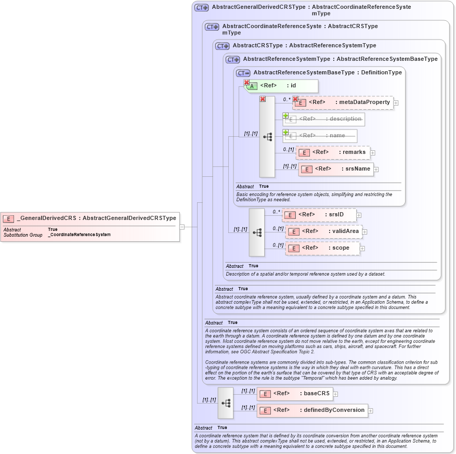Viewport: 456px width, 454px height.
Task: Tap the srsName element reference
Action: (x=336, y=169)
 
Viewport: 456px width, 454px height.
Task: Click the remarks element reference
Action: (x=333, y=152)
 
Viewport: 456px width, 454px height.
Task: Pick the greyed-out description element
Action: (x=323, y=119)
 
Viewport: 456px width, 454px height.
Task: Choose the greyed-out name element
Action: (x=320, y=136)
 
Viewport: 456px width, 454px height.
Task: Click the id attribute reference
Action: (x=281, y=86)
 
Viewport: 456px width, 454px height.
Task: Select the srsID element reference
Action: (x=319, y=215)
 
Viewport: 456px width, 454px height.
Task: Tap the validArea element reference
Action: (x=323, y=231)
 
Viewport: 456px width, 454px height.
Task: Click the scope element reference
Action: (x=322, y=248)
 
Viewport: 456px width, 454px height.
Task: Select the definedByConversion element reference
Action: (x=312, y=410)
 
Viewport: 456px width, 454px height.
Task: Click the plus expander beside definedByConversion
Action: (x=371, y=411)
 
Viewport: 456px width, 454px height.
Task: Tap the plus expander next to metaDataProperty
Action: (x=396, y=103)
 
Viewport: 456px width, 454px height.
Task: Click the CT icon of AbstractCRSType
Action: (x=223, y=46)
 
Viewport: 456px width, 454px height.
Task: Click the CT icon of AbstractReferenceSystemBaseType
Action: (x=243, y=73)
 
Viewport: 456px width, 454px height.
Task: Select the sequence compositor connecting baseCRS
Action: (x=226, y=403)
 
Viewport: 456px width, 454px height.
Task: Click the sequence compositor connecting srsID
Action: (x=257, y=232)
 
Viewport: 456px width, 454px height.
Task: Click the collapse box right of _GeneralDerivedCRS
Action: (x=182, y=227)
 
